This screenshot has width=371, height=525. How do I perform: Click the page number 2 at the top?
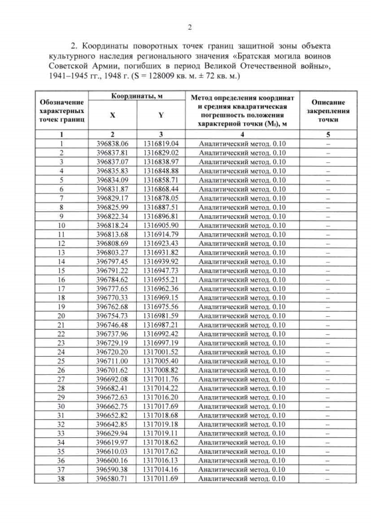[x=190, y=27]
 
